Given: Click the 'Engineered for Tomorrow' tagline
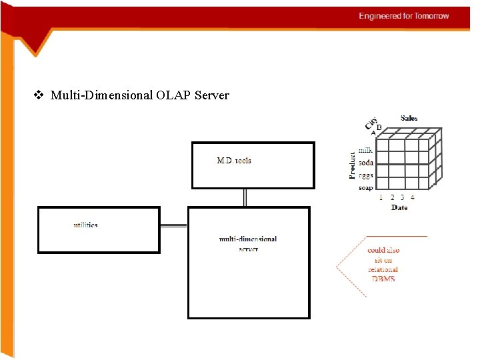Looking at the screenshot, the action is (404, 16).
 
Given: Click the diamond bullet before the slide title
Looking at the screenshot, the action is (38, 95).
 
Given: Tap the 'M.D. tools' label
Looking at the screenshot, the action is (234, 161).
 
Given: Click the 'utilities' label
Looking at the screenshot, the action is (85, 225).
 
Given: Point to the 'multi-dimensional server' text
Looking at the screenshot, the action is (248, 243).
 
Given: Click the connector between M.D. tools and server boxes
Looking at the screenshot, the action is (245, 197).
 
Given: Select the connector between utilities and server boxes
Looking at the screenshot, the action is (174, 227).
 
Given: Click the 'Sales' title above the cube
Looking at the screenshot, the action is (409, 118).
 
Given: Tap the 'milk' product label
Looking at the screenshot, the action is (366, 151).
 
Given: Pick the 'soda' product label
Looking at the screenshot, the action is (366, 163).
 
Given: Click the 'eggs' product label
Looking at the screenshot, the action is (366, 175).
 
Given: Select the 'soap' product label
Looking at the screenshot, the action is (366, 188).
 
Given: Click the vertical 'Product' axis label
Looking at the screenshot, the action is (352, 164).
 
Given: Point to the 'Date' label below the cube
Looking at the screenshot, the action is (399, 208).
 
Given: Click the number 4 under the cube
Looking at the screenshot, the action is (413, 197).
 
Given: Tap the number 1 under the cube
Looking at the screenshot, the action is (381, 197).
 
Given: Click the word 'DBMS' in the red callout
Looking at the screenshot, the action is (383, 279).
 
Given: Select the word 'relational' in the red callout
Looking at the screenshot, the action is (383, 269).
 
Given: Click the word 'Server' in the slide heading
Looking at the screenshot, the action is (212, 95).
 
